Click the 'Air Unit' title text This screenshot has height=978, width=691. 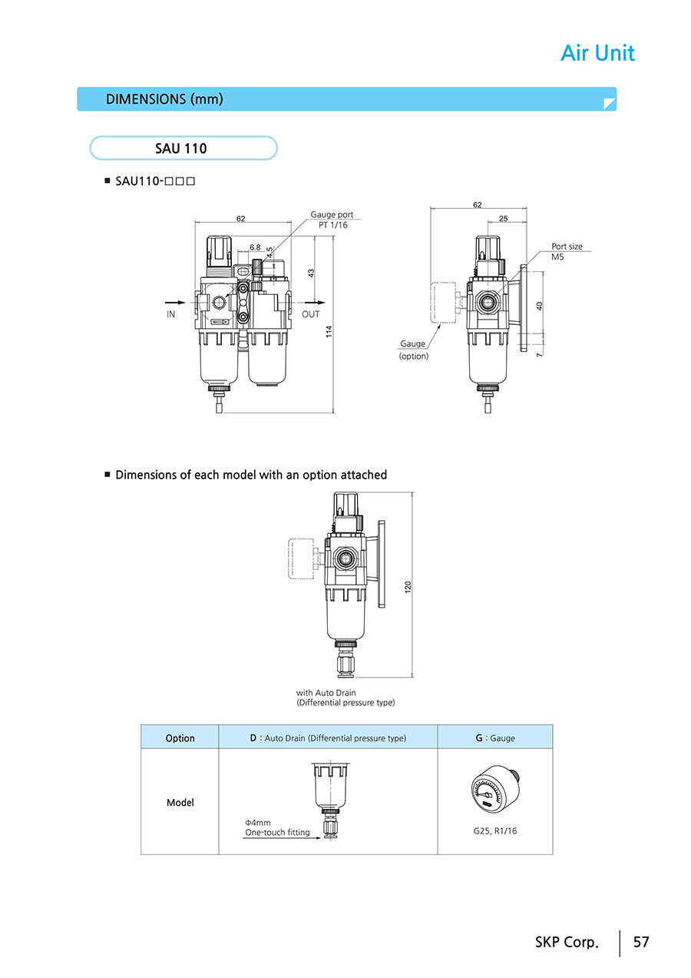(x=597, y=53)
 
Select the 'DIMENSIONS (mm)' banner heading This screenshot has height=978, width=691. (x=164, y=99)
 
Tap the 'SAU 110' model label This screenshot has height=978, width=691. (x=181, y=148)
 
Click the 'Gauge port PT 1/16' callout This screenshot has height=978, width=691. (x=332, y=220)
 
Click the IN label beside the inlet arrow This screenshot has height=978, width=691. (x=171, y=314)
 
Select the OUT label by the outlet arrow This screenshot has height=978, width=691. (x=311, y=314)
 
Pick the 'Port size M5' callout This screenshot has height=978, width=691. (x=567, y=251)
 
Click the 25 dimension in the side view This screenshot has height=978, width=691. (x=503, y=219)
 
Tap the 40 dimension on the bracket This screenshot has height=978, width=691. (x=540, y=306)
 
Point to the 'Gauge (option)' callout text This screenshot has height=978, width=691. (x=413, y=350)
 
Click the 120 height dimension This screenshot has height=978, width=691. (x=408, y=586)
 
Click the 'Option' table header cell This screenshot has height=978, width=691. (x=180, y=738)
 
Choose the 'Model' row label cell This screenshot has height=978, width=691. (x=180, y=803)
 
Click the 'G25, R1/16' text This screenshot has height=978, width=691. (x=495, y=830)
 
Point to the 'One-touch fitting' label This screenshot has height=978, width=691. (x=277, y=832)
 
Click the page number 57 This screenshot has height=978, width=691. (x=641, y=942)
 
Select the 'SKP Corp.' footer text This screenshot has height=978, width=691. (x=566, y=942)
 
